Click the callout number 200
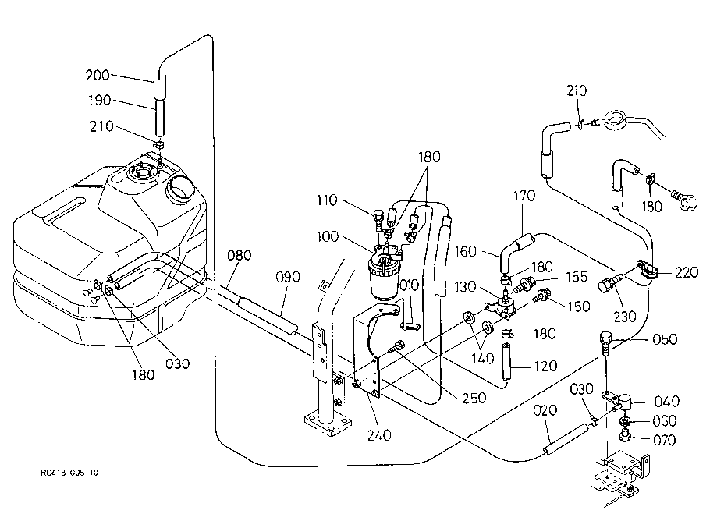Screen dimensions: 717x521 point(98,75)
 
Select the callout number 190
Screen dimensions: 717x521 point(99,100)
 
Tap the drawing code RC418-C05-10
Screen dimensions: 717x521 point(69,473)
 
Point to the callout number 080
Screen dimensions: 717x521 point(240,255)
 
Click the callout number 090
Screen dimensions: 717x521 point(288,277)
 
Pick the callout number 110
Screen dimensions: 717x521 point(326,200)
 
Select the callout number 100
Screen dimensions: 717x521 point(328,237)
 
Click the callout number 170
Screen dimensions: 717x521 point(524,196)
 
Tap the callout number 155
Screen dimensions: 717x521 point(576,277)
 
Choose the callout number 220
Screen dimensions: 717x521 point(687,272)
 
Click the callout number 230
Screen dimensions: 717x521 point(625,316)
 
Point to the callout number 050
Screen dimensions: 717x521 point(665,339)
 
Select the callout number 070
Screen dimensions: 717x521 point(664,440)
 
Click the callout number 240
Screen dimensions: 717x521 point(379,435)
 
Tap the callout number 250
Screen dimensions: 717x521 point(474,398)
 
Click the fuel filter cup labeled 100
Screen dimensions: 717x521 point(383,278)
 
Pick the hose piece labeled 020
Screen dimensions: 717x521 point(565,440)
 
